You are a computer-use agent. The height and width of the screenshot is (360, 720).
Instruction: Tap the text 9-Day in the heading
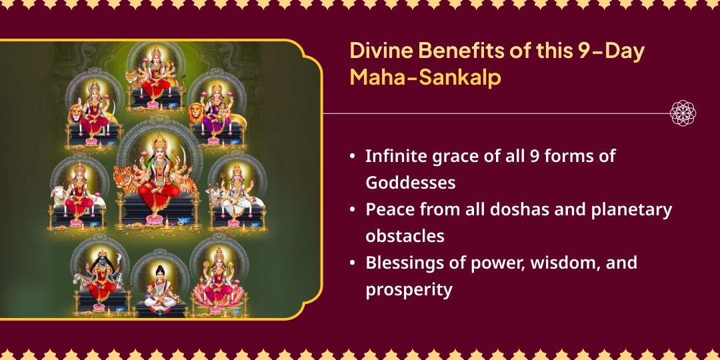click(x=609, y=52)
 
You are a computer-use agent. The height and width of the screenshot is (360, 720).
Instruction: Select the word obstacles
click(x=405, y=236)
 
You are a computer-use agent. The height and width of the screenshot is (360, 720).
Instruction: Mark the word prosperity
click(x=409, y=289)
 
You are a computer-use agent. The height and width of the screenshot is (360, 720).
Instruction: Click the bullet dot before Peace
click(x=352, y=210)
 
